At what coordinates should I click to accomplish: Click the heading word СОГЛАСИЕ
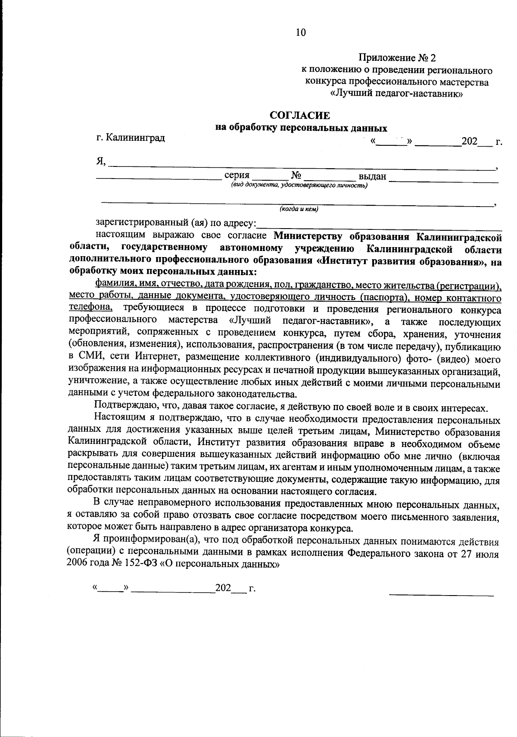coord(300,116)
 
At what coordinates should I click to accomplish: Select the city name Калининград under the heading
coord(135,138)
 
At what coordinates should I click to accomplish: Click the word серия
coord(237,176)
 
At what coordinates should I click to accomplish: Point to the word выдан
coord(373,176)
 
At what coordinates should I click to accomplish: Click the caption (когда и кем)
coord(299,209)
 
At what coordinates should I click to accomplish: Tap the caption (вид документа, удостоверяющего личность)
coord(299,185)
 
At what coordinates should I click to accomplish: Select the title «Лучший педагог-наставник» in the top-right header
coord(396,94)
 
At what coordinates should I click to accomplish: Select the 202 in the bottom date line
coord(224,588)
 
